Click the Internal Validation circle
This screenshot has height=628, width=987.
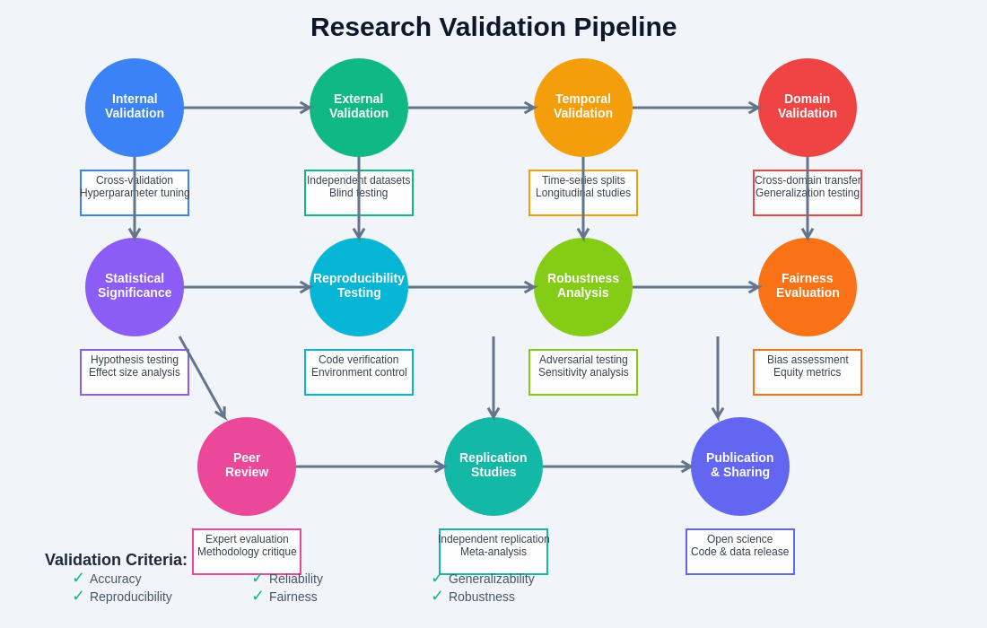(x=135, y=108)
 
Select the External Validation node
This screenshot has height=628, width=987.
(x=359, y=108)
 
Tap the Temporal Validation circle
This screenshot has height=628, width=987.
(x=583, y=108)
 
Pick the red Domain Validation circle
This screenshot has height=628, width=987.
(x=808, y=108)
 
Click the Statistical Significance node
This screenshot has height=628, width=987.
(x=135, y=287)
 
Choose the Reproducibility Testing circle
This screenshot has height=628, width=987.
(x=359, y=287)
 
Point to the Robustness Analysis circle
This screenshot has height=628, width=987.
(x=583, y=287)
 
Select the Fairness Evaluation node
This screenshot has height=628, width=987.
(x=808, y=287)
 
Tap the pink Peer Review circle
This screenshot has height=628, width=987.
(x=247, y=467)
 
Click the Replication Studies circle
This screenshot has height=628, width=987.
(x=493, y=467)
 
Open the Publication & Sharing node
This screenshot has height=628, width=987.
(x=740, y=467)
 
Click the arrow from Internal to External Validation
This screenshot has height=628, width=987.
(x=247, y=108)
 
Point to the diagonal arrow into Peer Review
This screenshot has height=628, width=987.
(x=202, y=377)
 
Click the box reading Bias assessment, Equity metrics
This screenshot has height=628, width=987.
(x=808, y=372)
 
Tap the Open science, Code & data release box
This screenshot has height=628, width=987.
(x=740, y=552)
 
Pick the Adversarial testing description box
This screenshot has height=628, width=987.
(x=583, y=372)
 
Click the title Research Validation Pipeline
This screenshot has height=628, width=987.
(x=493, y=27)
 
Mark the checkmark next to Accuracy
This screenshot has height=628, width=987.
(x=78, y=578)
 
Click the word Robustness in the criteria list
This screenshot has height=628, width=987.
(x=482, y=597)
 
